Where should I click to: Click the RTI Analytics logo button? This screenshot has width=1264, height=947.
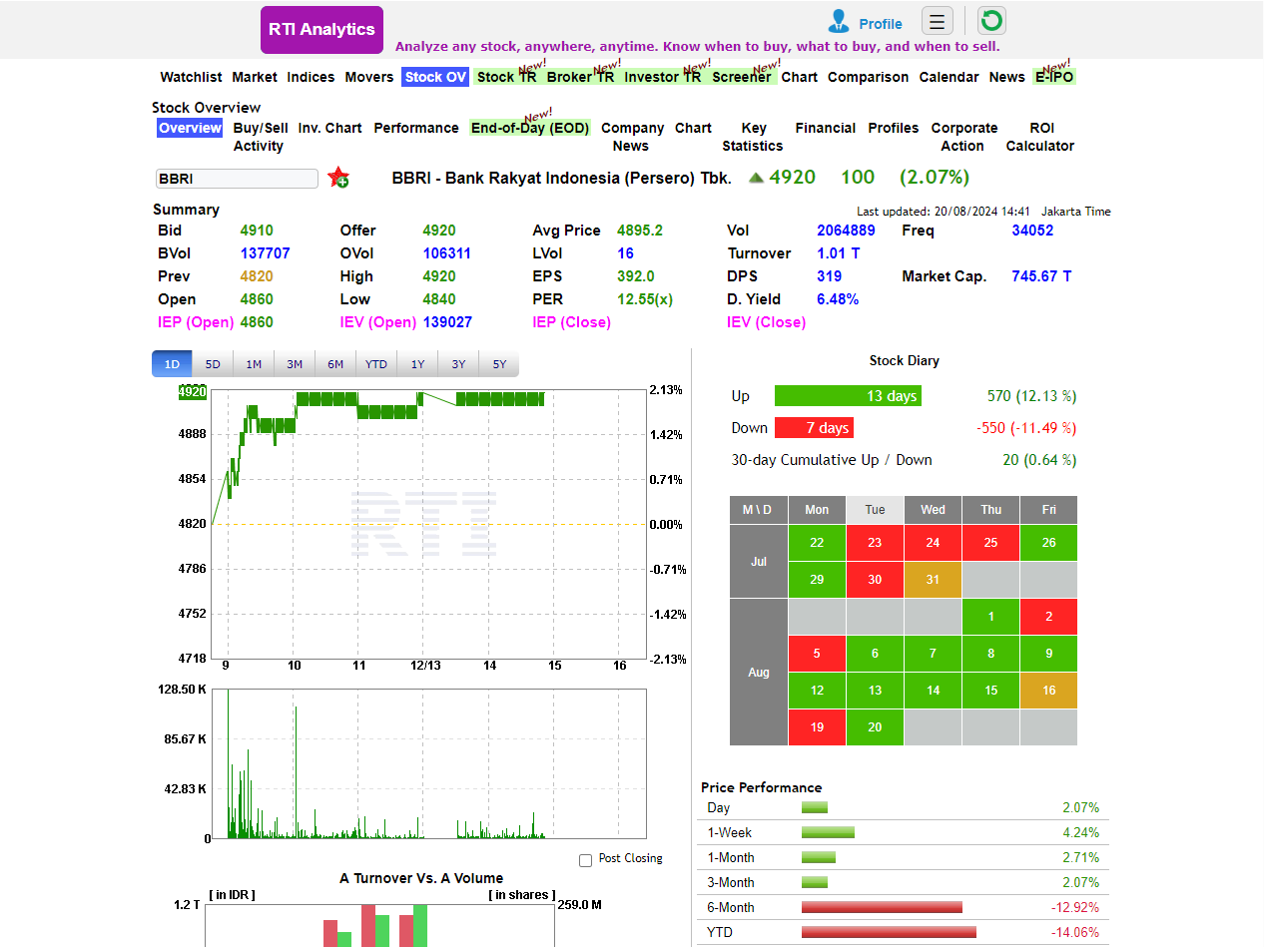click(x=321, y=30)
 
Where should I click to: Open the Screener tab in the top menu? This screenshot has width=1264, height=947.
click(x=741, y=77)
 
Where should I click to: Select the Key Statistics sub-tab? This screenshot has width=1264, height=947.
click(x=753, y=137)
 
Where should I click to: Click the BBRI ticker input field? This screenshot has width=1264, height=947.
click(x=237, y=179)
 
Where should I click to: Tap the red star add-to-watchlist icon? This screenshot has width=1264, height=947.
click(x=338, y=178)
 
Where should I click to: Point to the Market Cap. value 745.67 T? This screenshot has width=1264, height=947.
click(x=1041, y=276)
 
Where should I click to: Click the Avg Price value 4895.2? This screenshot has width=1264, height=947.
click(x=639, y=231)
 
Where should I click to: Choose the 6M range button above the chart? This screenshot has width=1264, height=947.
click(x=335, y=364)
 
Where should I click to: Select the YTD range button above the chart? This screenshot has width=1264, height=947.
click(x=376, y=364)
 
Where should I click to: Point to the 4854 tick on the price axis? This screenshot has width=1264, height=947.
click(x=192, y=479)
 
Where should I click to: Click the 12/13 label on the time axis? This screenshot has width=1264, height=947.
click(x=425, y=666)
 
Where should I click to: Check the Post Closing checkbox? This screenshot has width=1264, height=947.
click(x=586, y=859)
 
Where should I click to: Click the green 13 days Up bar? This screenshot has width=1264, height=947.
click(x=848, y=396)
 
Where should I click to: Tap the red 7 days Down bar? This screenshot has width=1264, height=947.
click(x=814, y=428)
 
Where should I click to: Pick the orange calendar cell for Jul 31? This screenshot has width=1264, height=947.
click(x=933, y=580)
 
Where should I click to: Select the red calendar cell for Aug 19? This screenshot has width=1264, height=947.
click(x=817, y=726)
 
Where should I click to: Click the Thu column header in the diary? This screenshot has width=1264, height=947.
click(x=990, y=510)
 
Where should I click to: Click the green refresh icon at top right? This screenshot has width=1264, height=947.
click(x=991, y=21)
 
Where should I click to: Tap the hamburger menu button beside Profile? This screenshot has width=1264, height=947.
click(x=937, y=21)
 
